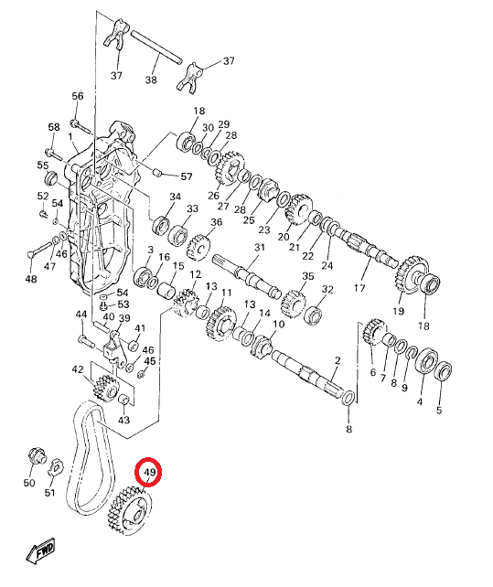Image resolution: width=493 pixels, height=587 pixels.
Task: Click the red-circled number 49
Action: (149, 472)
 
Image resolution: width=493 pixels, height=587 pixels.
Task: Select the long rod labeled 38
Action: (156, 48)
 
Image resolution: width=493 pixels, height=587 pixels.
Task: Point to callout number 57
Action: (187, 176)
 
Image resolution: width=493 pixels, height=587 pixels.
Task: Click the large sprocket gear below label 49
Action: (128, 511)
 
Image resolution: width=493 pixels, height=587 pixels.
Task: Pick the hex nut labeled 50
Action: (38, 456)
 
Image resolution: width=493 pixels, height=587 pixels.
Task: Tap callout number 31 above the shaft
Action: (260, 247)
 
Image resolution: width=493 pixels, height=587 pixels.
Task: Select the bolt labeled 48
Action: (40, 249)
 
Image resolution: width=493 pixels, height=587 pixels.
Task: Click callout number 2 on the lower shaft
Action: (338, 360)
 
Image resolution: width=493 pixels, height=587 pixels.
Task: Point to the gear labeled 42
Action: (105, 390)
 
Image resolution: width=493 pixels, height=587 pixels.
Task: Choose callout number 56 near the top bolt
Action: (78, 96)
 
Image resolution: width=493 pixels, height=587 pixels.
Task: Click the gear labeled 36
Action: (198, 247)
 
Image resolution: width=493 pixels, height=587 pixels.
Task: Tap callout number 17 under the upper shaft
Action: (359, 288)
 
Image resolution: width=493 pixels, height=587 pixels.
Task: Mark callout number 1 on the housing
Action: (70, 136)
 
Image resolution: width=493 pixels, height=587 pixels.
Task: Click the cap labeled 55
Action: (51, 177)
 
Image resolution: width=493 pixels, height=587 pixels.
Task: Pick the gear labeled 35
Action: (294, 303)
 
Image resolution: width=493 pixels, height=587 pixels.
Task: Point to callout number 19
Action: (398, 310)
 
